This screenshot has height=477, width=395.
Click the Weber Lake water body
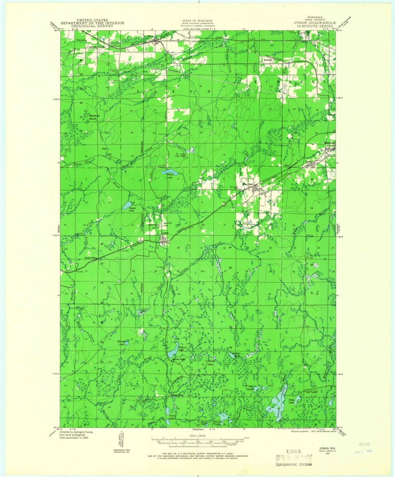pos(169,172)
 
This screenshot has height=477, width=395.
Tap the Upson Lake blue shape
pos(127,205)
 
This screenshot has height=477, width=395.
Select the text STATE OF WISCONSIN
pos(198,20)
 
